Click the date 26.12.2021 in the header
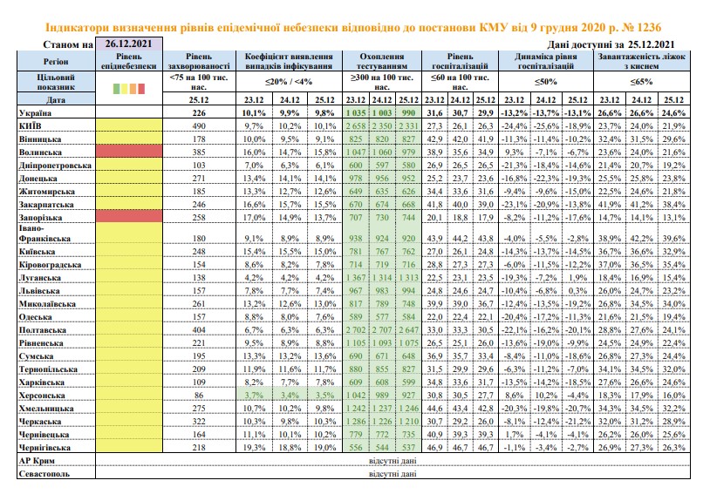point(128,44)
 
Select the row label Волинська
point(40,152)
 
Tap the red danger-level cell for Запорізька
point(129,216)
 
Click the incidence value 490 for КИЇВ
point(199,125)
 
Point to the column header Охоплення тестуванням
point(382,61)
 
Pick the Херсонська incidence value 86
point(199,395)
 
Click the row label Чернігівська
point(44,448)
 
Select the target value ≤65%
point(642,82)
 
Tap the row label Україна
point(35,112)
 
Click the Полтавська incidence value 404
point(199,330)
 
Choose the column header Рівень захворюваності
point(199,61)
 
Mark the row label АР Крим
point(37,461)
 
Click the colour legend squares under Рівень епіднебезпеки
point(129,88)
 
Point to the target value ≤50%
point(546,82)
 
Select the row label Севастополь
point(44,474)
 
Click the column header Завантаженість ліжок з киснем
point(642,61)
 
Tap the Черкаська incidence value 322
point(199,421)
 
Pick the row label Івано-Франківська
point(38,233)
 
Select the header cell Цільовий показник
point(56,82)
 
